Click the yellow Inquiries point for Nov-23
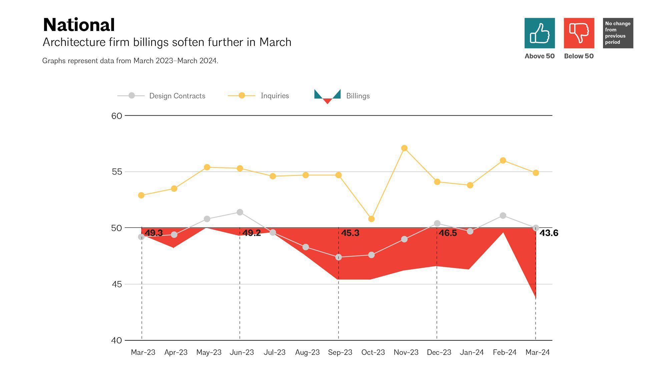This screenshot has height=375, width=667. click(x=404, y=148)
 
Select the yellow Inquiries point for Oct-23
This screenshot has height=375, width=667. click(x=371, y=219)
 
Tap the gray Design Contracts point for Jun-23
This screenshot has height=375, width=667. click(x=240, y=212)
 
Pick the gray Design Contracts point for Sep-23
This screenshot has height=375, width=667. click(x=339, y=257)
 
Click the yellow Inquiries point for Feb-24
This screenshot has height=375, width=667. click(x=503, y=161)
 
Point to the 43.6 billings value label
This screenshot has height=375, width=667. click(x=549, y=233)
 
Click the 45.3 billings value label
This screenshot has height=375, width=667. click(x=350, y=233)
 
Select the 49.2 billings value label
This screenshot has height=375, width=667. click(x=251, y=233)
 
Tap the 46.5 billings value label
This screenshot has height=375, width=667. click(x=448, y=233)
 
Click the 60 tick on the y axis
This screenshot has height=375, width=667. click(x=117, y=116)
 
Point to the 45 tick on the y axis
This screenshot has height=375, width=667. click(x=117, y=284)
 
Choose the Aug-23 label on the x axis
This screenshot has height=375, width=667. click(x=307, y=352)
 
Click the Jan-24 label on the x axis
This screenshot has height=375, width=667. click(x=472, y=352)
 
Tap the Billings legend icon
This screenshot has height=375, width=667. click(x=327, y=96)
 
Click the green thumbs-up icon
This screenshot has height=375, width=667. click(x=540, y=33)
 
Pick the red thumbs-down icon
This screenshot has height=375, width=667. click(x=579, y=33)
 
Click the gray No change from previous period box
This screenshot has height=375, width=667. click(x=618, y=33)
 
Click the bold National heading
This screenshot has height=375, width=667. click(x=79, y=25)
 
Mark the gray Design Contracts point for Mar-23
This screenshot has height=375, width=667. click(x=141, y=237)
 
